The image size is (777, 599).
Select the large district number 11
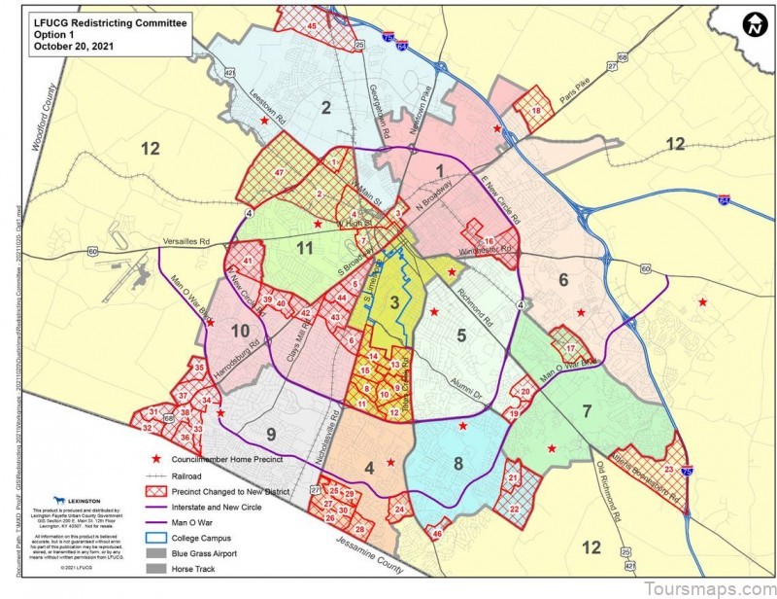306,248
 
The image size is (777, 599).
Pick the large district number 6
561,280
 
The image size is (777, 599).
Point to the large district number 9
272,435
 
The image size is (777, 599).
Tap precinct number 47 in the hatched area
279,173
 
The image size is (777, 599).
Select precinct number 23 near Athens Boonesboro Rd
669,470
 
